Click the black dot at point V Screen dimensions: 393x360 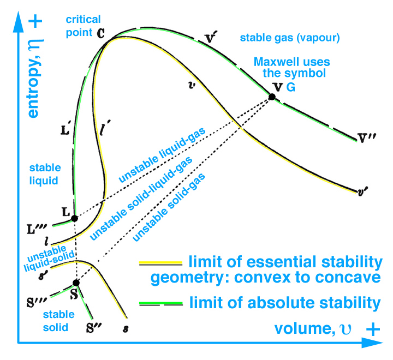point(272,97)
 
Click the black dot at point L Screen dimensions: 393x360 point(74,218)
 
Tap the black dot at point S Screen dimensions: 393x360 point(76,283)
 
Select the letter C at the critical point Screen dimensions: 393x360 point(101,33)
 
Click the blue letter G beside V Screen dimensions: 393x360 point(291,87)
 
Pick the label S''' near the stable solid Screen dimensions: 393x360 point(37,302)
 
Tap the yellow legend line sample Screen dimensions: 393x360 point(160,262)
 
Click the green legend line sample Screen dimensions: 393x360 point(160,303)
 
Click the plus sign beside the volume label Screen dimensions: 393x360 point(373,329)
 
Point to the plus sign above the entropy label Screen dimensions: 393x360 point(35,21)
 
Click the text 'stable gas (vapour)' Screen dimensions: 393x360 point(290,38)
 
